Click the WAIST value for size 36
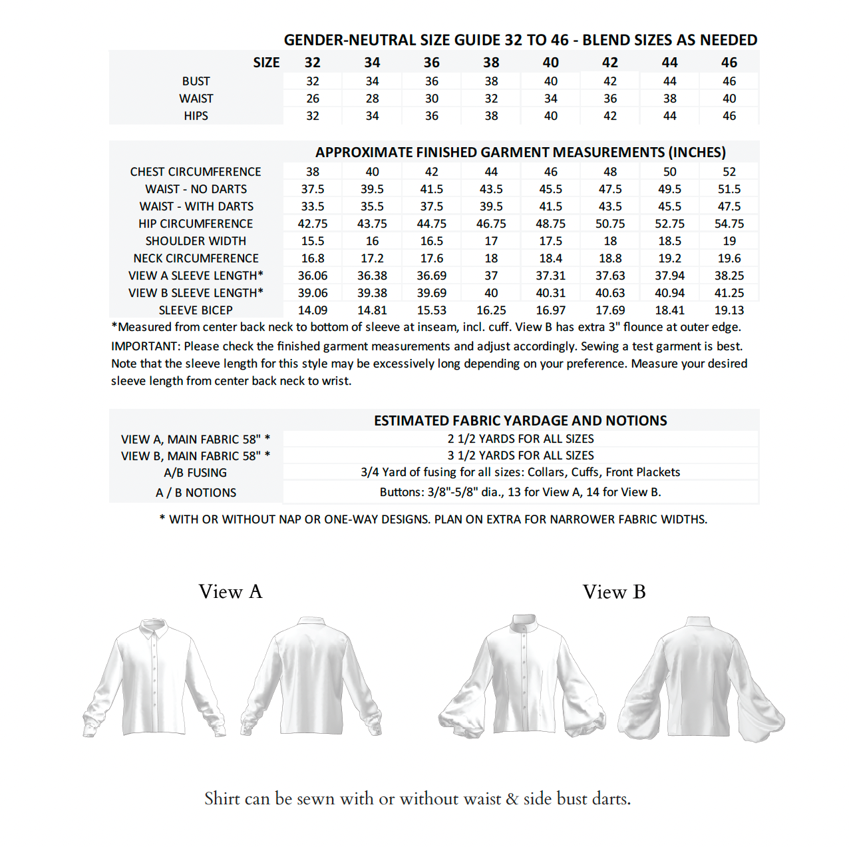click(432, 99)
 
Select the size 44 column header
click(669, 63)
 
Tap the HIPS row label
click(196, 116)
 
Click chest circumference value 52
click(729, 172)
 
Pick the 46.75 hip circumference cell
click(491, 224)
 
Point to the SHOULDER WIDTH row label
click(196, 241)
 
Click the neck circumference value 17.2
click(372, 258)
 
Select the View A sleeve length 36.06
click(313, 276)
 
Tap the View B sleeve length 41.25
click(729, 293)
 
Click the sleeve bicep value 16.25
click(491, 310)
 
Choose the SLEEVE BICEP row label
click(196, 310)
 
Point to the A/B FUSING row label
click(196, 473)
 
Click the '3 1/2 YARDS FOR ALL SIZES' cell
click(520, 455)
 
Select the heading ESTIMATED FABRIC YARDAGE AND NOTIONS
click(520, 421)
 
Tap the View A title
click(230, 591)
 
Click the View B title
click(614, 591)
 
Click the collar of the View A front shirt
click(154, 629)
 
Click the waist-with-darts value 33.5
click(313, 206)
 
